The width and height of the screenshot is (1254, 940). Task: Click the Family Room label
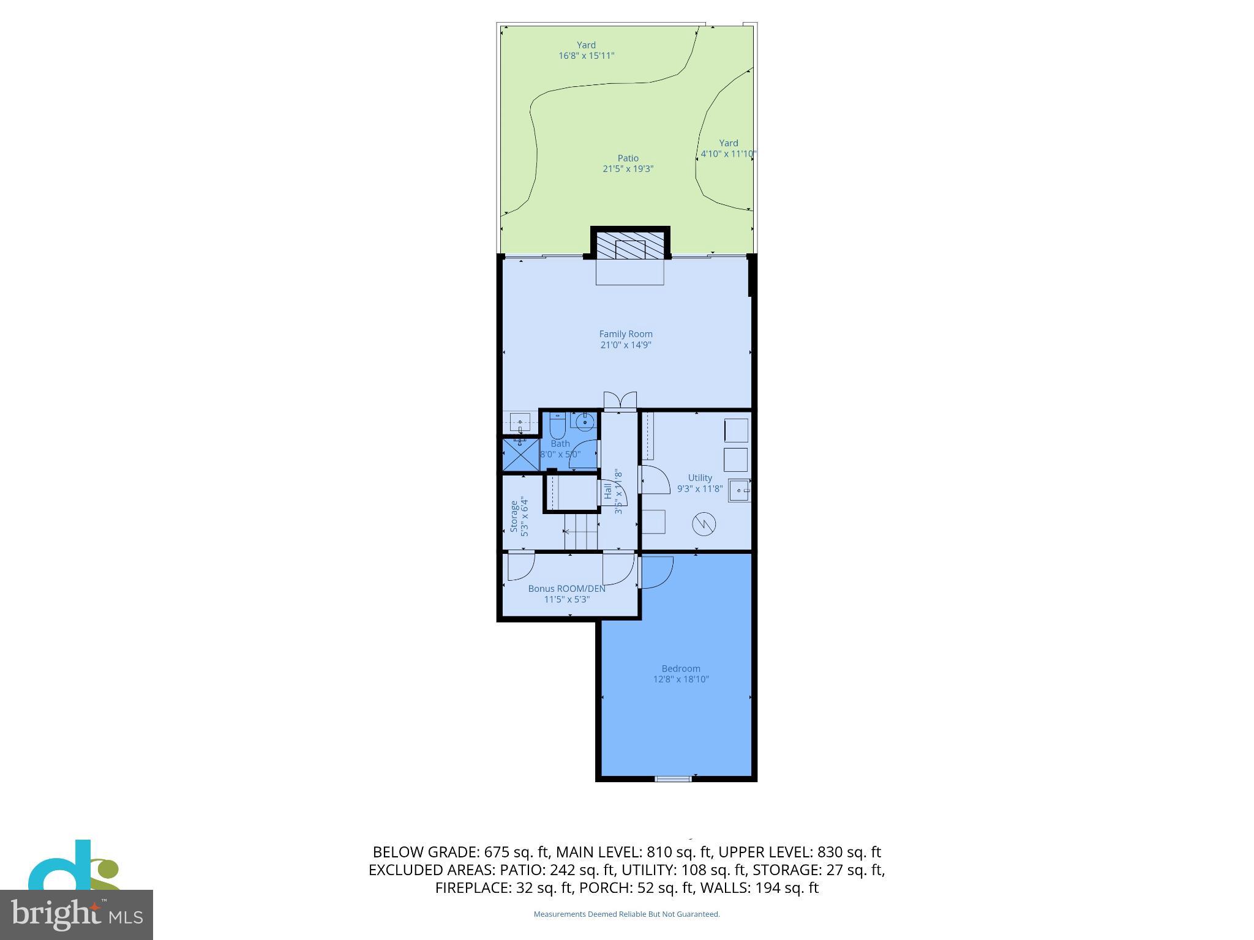coord(625,334)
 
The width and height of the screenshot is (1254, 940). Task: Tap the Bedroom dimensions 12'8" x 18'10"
coord(681,679)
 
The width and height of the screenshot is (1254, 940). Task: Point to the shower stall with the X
coord(520,455)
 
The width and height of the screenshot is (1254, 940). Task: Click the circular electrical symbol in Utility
coord(704,524)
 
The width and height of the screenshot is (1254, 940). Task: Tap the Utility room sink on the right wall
coord(740,491)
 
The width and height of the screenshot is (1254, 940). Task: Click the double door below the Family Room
coord(620,401)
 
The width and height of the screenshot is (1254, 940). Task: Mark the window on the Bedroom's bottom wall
coord(674,779)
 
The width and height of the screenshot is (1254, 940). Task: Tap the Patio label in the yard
coord(628,159)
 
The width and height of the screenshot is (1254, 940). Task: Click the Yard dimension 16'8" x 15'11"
coord(586,56)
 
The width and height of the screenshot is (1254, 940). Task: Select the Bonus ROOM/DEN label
coord(566,589)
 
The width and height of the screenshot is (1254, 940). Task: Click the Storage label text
coord(514,517)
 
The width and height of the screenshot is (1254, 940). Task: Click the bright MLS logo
coord(77,914)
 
